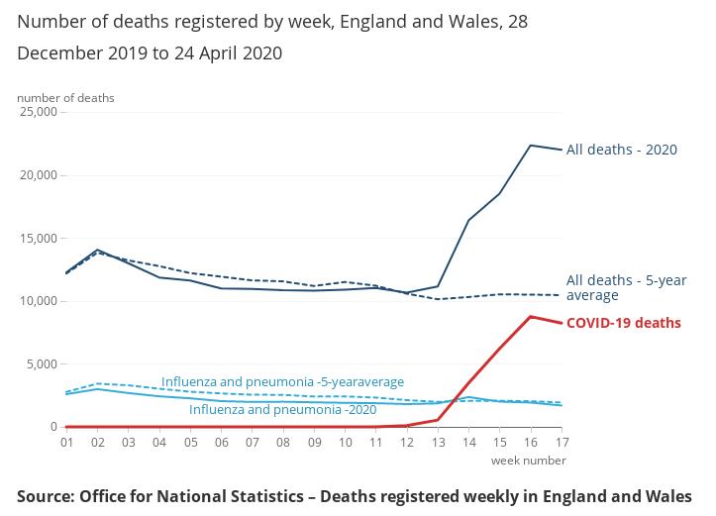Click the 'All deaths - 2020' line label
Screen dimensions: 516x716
621,150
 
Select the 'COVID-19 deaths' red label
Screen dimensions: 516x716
623,323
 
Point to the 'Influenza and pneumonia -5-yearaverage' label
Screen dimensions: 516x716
282,381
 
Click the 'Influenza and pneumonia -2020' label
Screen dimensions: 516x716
282,409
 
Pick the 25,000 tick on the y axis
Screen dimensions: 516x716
39,112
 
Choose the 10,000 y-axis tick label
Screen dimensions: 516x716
39,301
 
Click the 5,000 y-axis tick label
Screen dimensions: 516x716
42,364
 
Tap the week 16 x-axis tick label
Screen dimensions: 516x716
531,442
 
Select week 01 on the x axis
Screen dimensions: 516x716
66,442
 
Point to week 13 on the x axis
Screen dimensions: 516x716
438,442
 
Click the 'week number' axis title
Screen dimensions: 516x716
529,461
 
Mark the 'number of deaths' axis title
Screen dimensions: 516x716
65,98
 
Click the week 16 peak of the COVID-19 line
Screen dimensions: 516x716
531,317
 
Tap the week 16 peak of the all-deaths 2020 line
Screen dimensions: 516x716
531,146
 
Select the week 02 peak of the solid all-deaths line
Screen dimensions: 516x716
97,250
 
